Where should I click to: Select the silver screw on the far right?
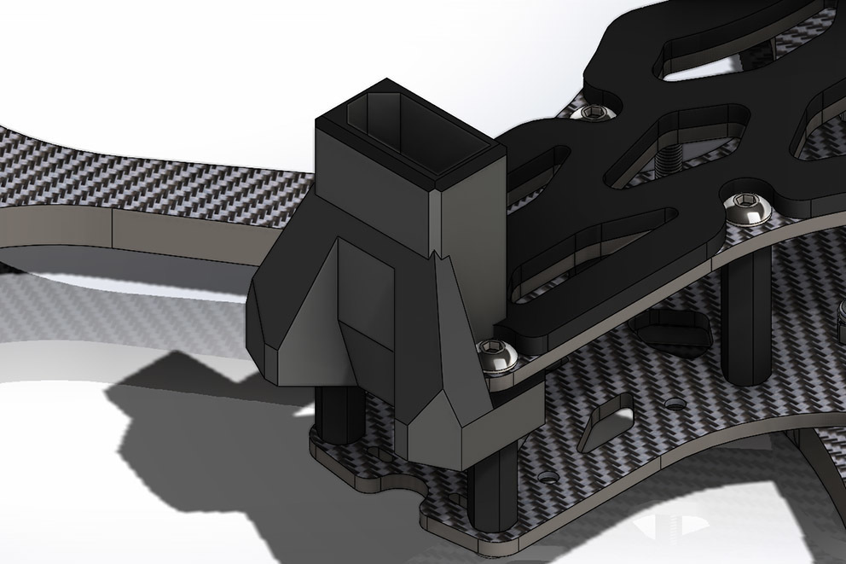tap(744, 206)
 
